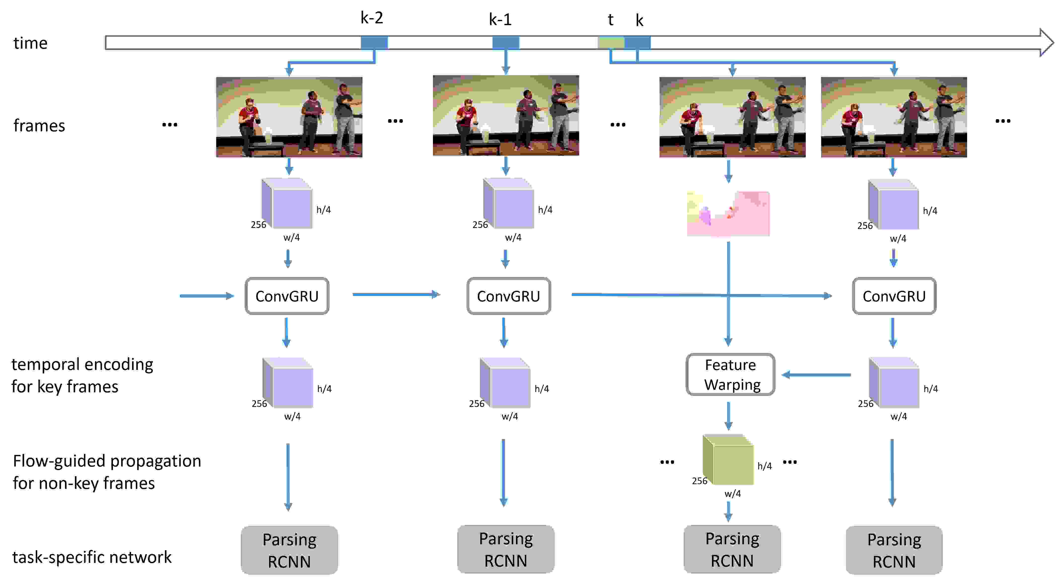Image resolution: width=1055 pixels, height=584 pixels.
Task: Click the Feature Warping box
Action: point(730,374)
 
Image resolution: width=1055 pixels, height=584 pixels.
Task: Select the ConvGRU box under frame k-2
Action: point(287,296)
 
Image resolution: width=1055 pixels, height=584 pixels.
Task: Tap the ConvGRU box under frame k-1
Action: point(508,296)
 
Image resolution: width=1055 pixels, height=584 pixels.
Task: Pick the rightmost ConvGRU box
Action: point(894,296)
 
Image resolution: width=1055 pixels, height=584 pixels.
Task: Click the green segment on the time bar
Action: point(611,43)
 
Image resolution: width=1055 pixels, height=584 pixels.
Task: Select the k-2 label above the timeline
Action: point(371,18)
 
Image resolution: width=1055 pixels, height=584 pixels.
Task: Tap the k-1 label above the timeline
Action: point(500,19)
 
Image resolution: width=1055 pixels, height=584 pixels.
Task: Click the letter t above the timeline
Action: point(610,20)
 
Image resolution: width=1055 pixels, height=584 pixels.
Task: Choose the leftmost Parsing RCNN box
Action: point(289,550)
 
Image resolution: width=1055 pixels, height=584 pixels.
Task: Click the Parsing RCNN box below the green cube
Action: point(732,549)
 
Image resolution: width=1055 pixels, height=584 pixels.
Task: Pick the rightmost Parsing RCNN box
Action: point(894,550)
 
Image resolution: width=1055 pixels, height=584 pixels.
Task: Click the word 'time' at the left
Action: point(30,43)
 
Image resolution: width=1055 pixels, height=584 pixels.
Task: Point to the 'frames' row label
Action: point(39,125)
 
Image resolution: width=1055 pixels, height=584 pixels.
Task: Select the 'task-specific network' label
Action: point(92,557)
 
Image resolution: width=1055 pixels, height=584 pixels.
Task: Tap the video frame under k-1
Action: point(506,115)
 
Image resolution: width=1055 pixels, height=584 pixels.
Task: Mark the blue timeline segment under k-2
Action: point(374,43)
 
